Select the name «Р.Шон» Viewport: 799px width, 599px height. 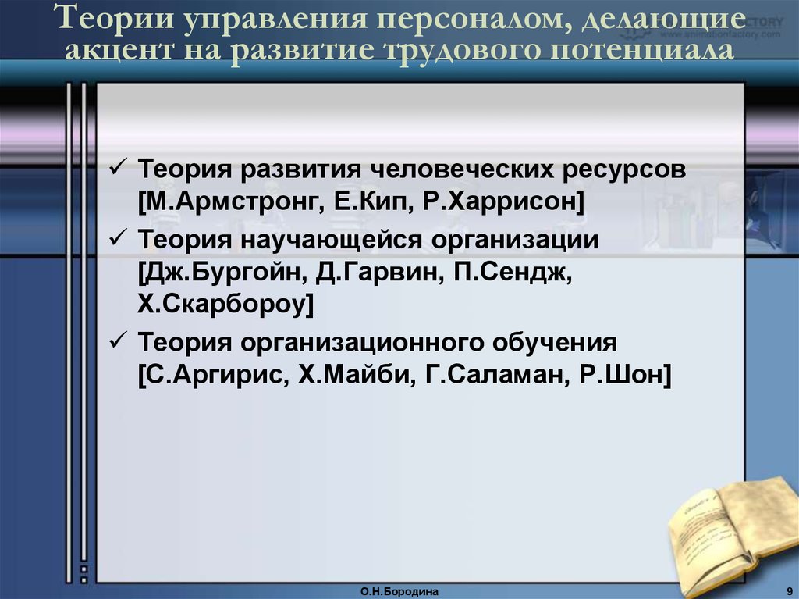(x=624, y=376)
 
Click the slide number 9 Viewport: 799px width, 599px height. (x=790, y=591)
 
